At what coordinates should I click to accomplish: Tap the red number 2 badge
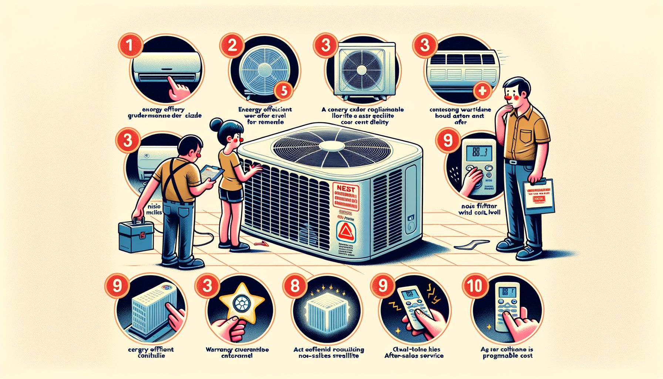[232, 46]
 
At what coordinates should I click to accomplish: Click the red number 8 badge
[295, 286]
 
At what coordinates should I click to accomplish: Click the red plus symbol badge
[482, 90]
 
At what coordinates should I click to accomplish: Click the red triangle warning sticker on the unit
[347, 232]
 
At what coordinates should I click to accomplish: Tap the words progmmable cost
[508, 356]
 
